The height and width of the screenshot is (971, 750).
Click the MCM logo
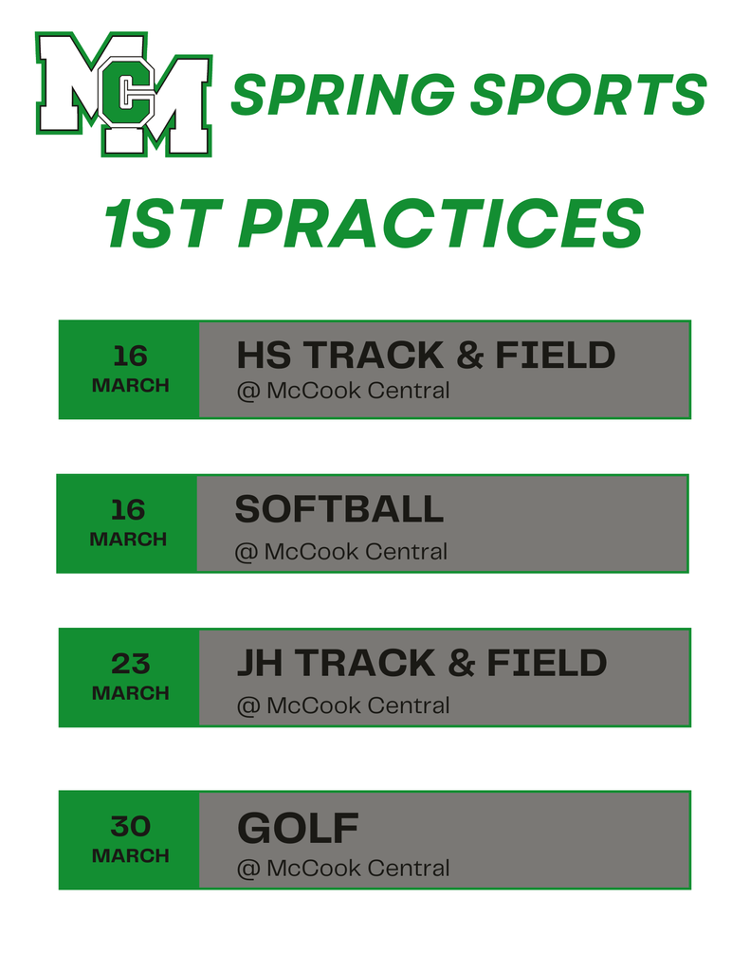(x=123, y=93)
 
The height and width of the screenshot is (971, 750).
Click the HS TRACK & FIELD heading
(x=426, y=356)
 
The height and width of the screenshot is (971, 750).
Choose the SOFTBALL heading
(x=338, y=510)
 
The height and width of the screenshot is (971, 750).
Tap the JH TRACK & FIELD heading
(x=421, y=663)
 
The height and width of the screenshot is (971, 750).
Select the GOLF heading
(x=298, y=829)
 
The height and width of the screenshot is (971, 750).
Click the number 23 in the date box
(x=130, y=663)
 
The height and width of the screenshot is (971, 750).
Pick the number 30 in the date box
(x=130, y=826)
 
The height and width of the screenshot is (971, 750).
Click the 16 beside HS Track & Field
(x=130, y=356)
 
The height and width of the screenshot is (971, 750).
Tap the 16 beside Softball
(x=128, y=510)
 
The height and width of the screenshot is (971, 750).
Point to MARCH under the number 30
(x=130, y=855)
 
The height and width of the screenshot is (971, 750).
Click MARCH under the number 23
(x=130, y=693)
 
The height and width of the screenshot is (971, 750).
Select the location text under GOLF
(x=343, y=868)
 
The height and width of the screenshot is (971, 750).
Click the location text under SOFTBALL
(x=340, y=551)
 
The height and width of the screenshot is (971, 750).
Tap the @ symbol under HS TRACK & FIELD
(x=247, y=391)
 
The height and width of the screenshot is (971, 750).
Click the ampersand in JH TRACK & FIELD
(x=461, y=664)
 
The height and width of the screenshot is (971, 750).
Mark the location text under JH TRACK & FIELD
(x=343, y=705)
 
